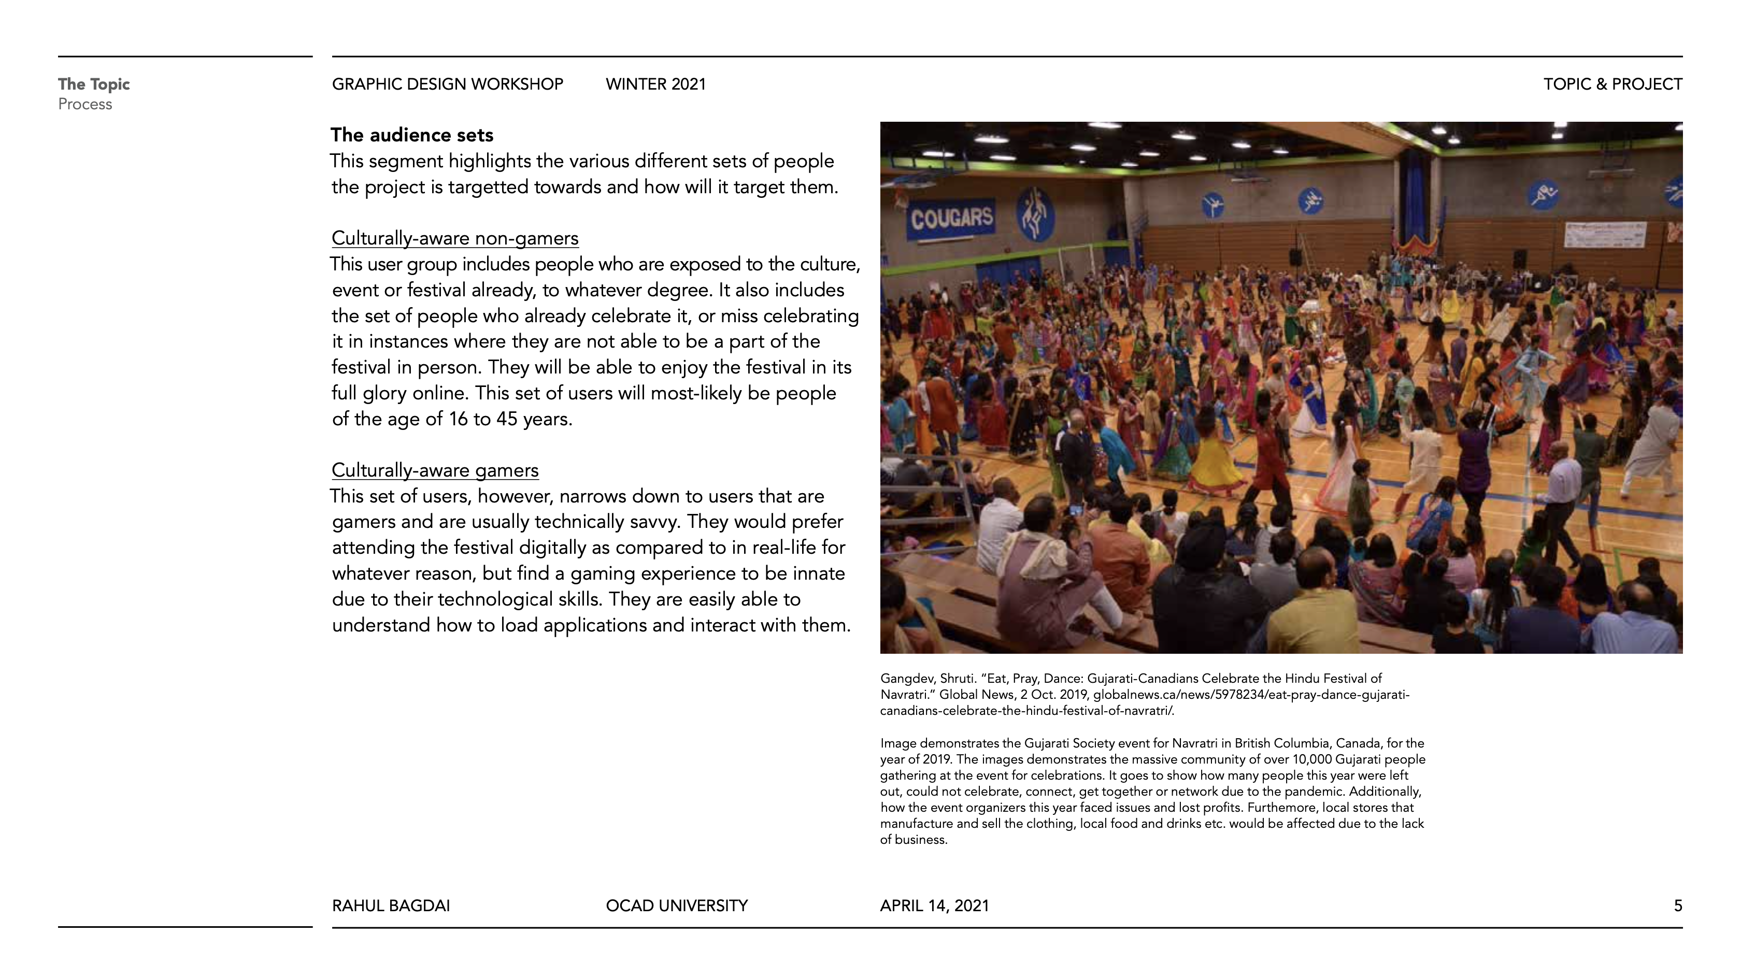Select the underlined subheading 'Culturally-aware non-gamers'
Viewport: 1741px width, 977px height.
click(x=455, y=238)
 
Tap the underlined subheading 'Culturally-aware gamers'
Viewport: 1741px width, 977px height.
click(x=435, y=470)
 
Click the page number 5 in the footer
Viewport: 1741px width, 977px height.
click(x=1677, y=906)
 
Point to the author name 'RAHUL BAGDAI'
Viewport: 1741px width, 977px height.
click(x=391, y=906)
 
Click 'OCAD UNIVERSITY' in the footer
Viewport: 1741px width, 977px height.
click(x=677, y=906)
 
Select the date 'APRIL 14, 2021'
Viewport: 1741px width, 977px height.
click(x=934, y=906)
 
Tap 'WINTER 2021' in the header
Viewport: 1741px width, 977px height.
click(x=655, y=84)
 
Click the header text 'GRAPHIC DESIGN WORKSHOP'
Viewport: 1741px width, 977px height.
click(x=447, y=84)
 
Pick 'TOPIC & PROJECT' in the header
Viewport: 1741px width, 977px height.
click(x=1612, y=84)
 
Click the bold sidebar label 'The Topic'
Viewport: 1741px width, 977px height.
click(x=93, y=84)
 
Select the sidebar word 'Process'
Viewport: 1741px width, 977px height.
click(x=85, y=105)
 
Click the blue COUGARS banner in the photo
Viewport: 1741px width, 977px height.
click(x=952, y=218)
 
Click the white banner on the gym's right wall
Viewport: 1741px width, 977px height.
click(x=1603, y=235)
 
